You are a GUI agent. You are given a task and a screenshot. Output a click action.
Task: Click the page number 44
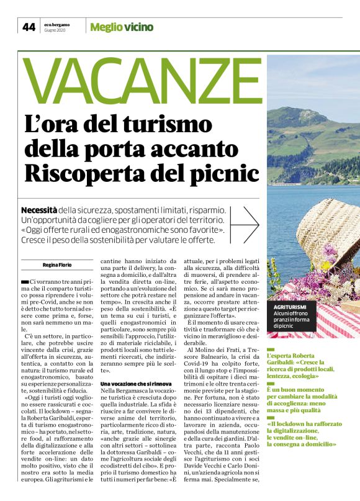(x=29, y=27)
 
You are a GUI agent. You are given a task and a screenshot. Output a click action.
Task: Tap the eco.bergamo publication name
(x=56, y=24)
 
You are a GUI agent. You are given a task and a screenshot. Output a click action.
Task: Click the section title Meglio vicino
(x=122, y=27)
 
